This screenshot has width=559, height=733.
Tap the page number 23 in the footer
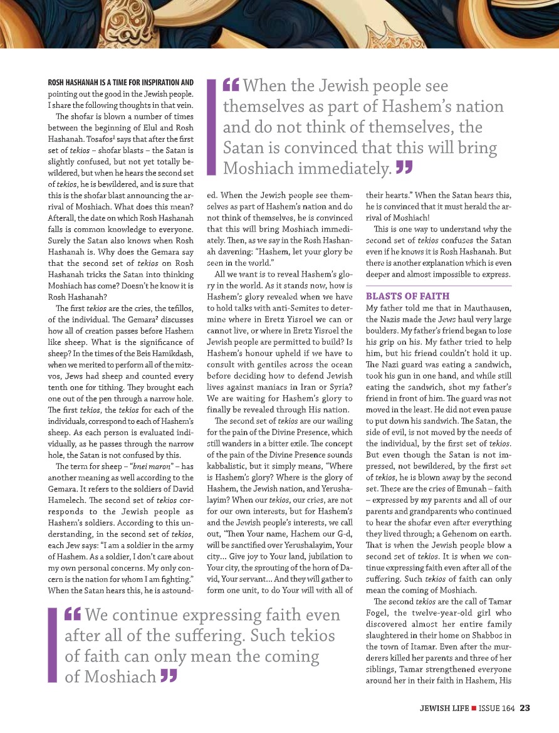coord(525,709)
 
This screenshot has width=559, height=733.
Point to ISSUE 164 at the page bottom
coord(497,709)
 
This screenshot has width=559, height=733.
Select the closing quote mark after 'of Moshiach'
coord(167,675)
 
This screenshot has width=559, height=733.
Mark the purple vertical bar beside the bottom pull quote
coord(52,645)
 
